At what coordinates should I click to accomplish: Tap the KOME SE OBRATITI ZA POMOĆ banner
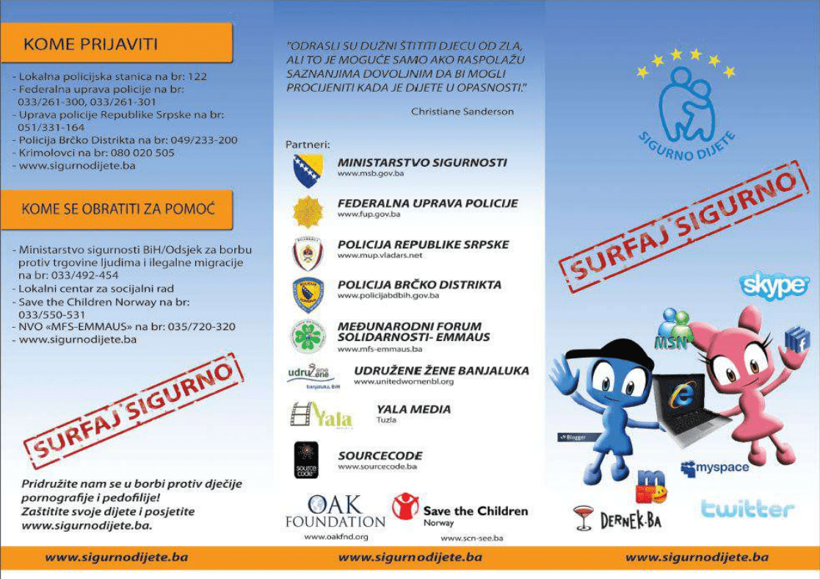pos(117,209)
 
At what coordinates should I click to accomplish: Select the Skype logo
pos(775,284)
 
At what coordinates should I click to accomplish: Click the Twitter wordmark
pos(747,508)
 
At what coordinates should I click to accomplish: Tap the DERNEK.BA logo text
pos(631,520)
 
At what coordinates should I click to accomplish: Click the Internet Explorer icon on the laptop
pos(681,395)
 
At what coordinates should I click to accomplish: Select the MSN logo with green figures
pos(674,328)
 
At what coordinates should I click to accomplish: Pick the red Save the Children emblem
pos(405,506)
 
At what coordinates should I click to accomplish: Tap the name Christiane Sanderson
pos(462,112)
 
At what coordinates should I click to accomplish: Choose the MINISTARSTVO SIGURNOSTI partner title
pos(421,162)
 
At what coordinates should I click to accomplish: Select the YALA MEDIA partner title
pos(413,409)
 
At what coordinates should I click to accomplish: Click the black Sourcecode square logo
pos(306,460)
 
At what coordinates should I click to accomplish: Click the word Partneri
pos(308,144)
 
